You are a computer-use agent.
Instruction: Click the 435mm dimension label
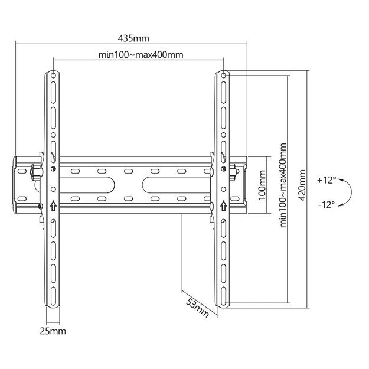click(133, 38)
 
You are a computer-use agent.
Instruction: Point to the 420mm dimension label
click(302, 185)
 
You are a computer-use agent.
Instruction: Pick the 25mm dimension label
click(52, 332)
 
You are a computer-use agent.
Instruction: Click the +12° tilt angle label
click(326, 179)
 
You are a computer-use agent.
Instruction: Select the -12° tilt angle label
click(326, 204)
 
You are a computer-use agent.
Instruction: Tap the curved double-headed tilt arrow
click(349, 191)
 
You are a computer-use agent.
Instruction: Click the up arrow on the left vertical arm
click(53, 206)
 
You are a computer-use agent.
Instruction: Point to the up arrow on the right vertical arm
click(224, 206)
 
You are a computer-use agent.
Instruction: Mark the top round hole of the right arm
click(224, 76)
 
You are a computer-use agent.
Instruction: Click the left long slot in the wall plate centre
click(106, 184)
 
